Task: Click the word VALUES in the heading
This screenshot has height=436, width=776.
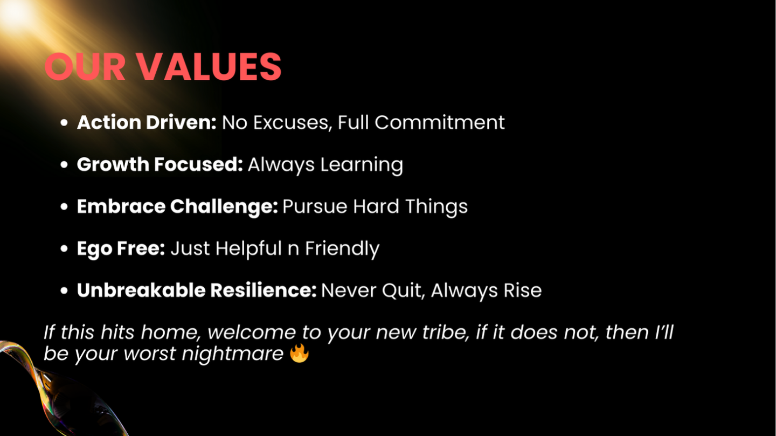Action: click(210, 66)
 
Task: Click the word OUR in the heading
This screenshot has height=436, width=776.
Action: click(85, 66)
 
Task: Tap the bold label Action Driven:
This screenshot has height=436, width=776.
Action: click(147, 122)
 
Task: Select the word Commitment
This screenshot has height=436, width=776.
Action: click(439, 122)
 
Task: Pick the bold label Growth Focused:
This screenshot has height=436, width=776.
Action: click(160, 164)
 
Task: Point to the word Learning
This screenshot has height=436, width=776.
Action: click(362, 165)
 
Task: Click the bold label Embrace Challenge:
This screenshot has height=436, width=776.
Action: click(177, 207)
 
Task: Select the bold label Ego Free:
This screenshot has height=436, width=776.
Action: click(121, 249)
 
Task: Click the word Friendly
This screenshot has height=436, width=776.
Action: click(342, 249)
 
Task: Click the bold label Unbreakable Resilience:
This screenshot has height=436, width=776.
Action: click(196, 290)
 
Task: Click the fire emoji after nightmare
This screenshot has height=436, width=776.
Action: click(299, 353)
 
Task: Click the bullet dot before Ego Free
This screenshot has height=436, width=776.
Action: click(64, 248)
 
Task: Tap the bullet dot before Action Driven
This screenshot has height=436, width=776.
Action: click(64, 123)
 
